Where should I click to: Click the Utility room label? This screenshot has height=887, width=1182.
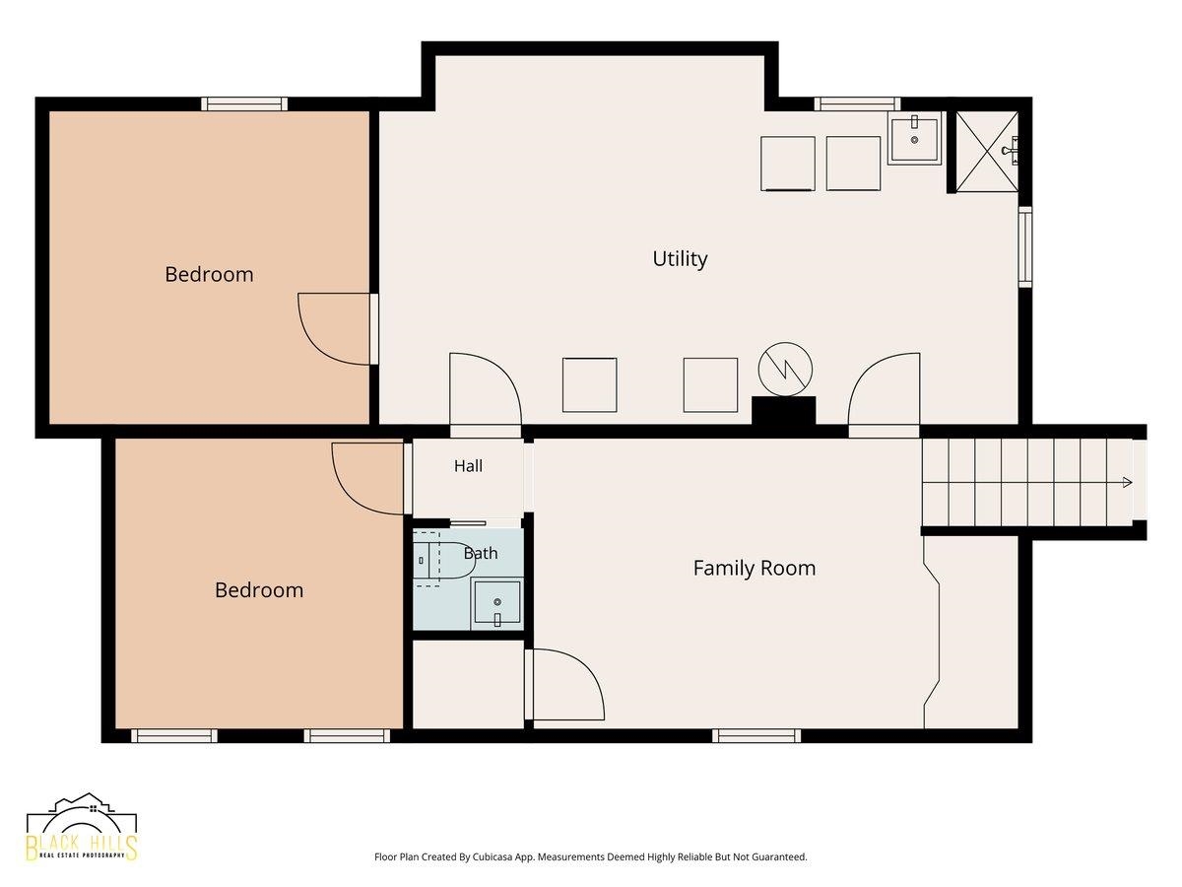[680, 259]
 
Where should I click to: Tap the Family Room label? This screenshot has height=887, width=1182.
[754, 569]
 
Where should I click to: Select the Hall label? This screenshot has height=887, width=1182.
[468, 466]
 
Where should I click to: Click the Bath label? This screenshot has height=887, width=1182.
[481, 553]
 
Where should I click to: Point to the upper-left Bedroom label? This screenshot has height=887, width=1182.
[209, 275]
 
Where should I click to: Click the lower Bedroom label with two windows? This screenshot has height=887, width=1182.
[259, 590]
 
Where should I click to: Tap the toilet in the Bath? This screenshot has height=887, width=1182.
[444, 560]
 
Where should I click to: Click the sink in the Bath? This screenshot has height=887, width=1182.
[496, 603]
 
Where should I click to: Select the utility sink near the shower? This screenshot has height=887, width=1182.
[914, 139]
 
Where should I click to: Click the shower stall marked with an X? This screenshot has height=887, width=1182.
[988, 152]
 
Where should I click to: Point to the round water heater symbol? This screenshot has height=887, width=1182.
[785, 370]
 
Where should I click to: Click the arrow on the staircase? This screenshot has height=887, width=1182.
[1127, 482]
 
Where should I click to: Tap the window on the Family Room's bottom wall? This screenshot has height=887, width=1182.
[756, 735]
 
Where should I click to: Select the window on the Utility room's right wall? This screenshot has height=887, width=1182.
[1025, 246]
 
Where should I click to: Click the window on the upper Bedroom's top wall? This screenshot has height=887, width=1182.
[244, 103]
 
